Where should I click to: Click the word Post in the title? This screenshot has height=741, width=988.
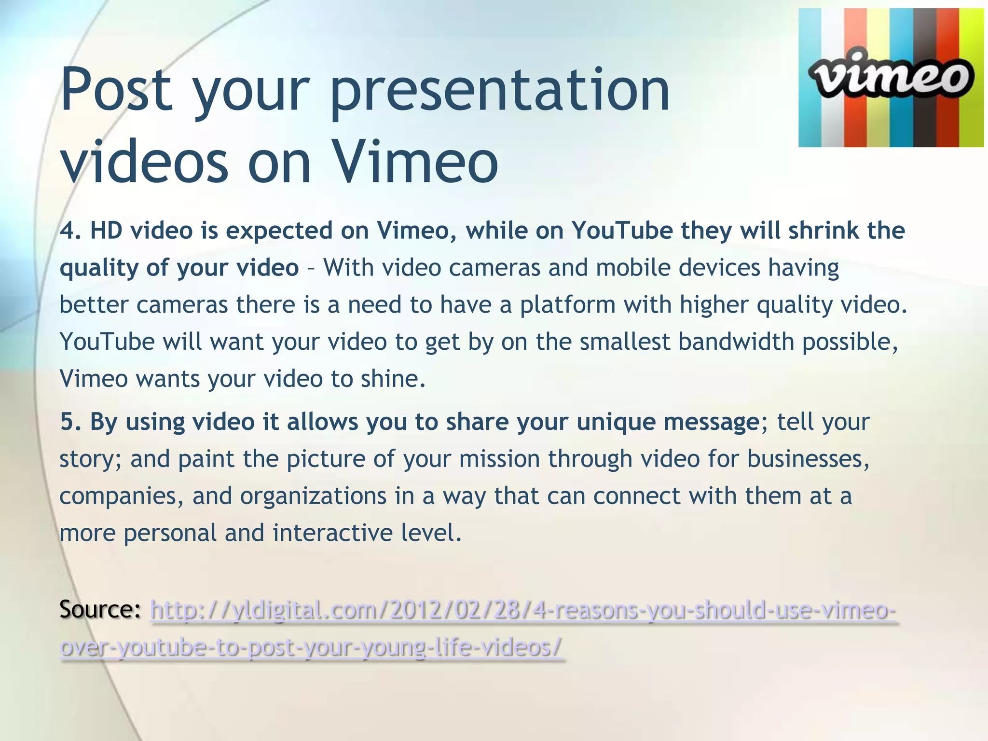(116, 90)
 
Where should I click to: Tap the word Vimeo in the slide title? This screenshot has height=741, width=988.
(415, 162)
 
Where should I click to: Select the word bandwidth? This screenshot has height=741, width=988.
(736, 342)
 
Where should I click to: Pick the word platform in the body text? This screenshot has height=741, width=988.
(567, 305)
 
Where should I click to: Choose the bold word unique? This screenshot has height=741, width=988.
(616, 422)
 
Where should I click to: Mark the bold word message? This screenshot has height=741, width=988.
(712, 422)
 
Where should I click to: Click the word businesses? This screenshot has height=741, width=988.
(808, 459)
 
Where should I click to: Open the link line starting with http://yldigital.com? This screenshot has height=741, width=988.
(523, 611)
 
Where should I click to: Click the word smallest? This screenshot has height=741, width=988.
(625, 342)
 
